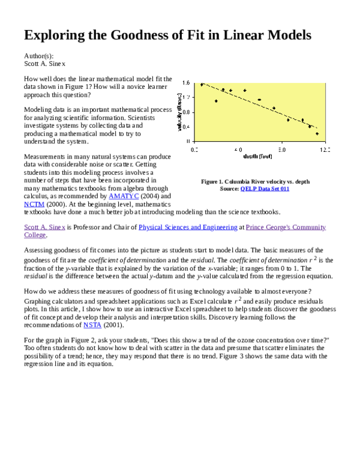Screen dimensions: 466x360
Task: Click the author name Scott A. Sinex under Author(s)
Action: pyautogui.click(x=44, y=63)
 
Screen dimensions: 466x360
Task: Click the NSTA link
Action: pyautogui.click(x=92, y=325)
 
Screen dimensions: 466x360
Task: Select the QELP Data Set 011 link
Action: pyautogui.click(x=265, y=189)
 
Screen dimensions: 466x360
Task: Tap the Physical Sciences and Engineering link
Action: pyautogui.click(x=188, y=227)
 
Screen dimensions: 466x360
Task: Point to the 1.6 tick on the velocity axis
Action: pyautogui.click(x=186, y=83)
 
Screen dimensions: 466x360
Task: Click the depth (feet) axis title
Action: pyautogui.click(x=259, y=157)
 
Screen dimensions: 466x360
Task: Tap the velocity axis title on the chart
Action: pyautogui.click(x=179, y=111)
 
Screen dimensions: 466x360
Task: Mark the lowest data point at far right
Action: pyautogui.click(x=317, y=133)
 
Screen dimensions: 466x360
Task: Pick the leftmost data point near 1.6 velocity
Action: pyautogui.click(x=202, y=85)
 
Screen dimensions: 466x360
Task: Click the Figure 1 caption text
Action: pyautogui.click(x=255, y=181)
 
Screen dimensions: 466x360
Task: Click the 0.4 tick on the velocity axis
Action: pyautogui.click(x=186, y=126)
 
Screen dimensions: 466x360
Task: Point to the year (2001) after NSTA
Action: pyautogui.click(x=113, y=325)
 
